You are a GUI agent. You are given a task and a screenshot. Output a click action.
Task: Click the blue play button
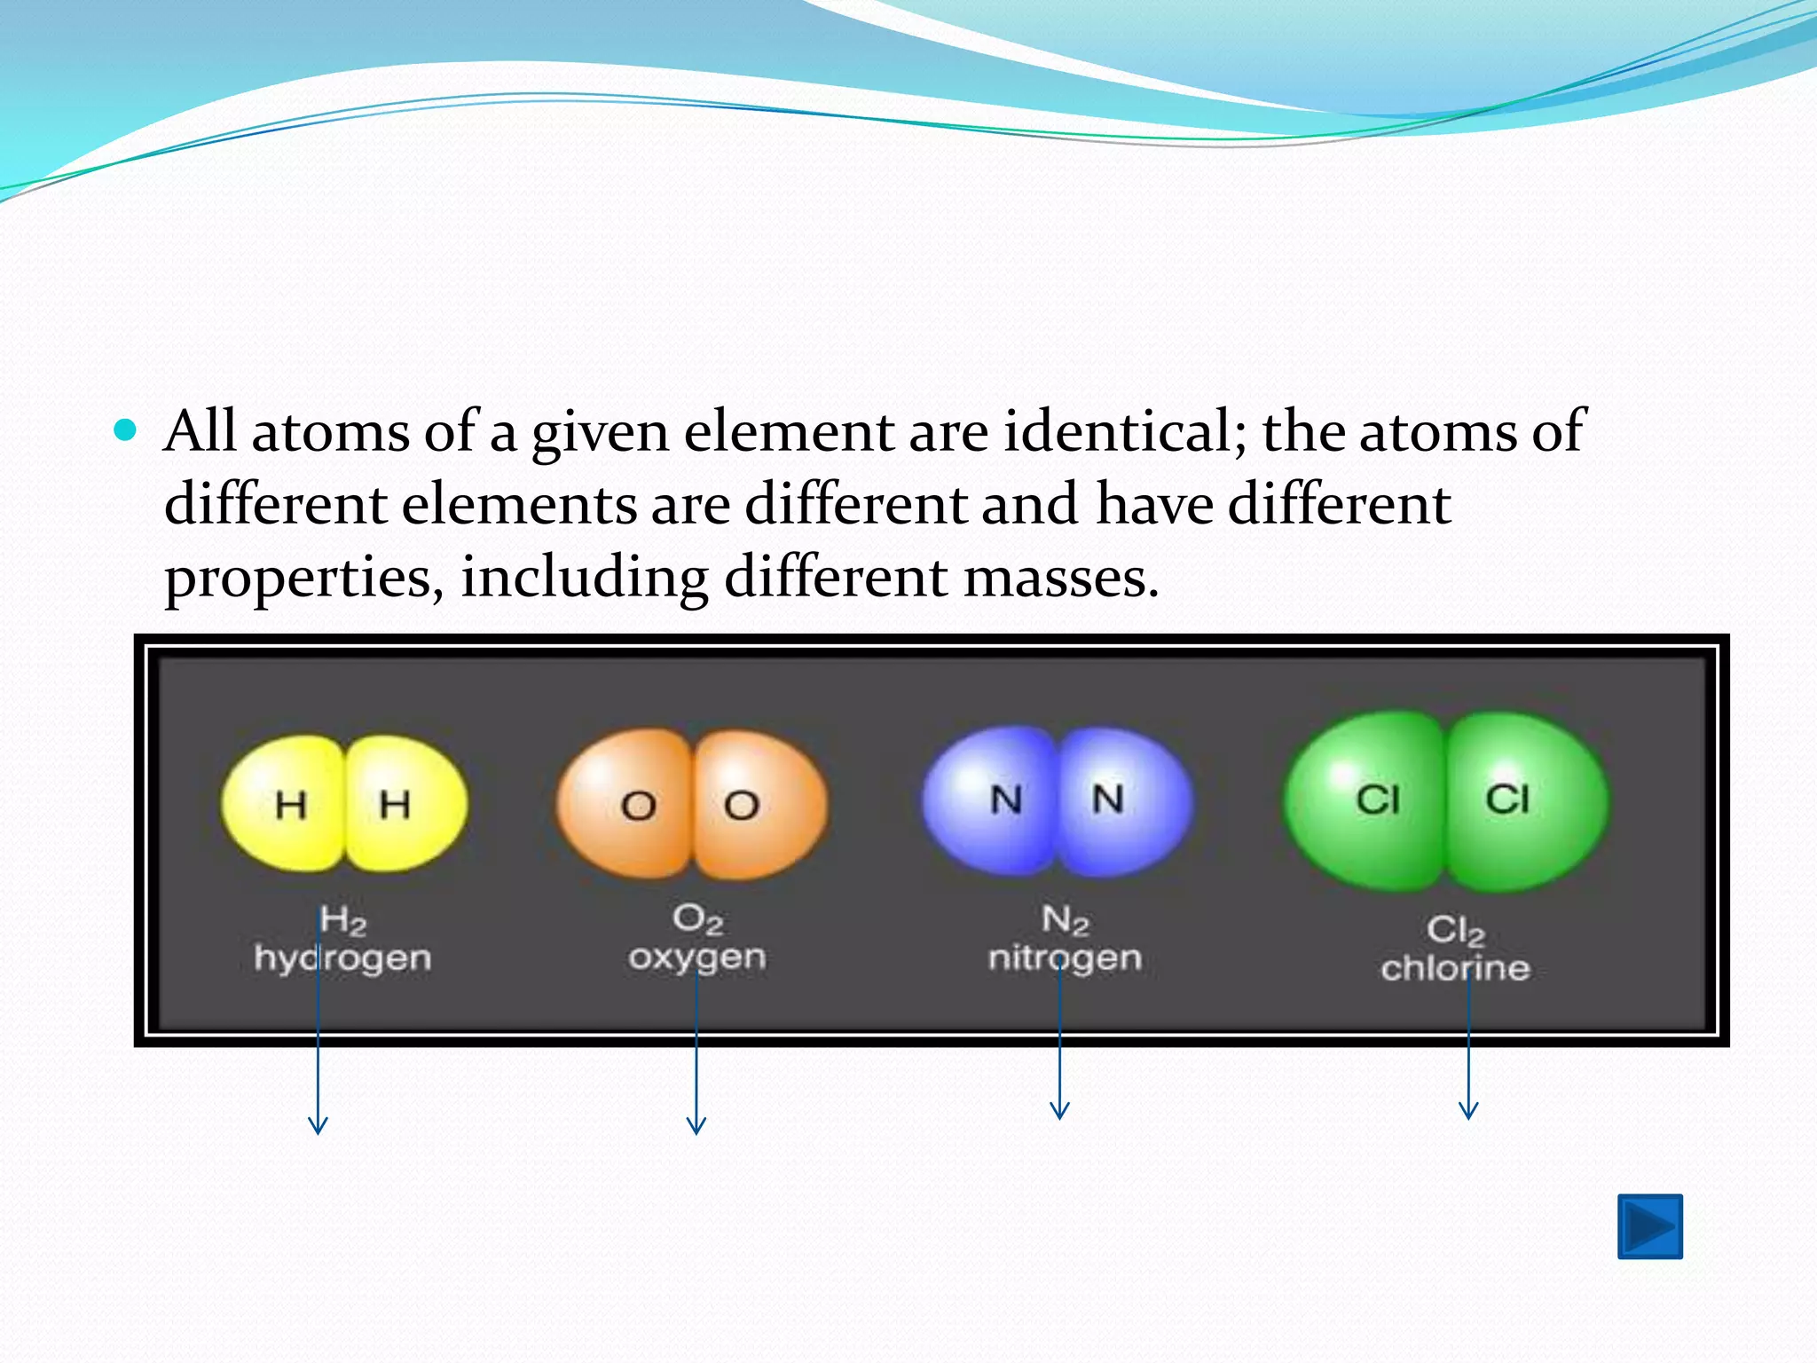coord(1649,1226)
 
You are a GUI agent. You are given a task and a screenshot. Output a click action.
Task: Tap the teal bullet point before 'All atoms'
coord(126,431)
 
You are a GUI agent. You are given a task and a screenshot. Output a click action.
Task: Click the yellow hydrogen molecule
coord(344,803)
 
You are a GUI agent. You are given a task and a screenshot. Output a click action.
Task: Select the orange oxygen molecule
coord(692,804)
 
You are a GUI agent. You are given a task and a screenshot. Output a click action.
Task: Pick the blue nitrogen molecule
coord(1058,800)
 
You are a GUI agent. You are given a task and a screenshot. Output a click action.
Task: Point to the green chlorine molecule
coord(1445,800)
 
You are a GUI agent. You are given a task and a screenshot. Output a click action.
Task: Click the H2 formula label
coord(342,920)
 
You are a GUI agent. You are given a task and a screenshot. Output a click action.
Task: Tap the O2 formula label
coord(697,919)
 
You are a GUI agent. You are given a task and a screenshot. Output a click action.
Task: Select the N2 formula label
coord(1065,920)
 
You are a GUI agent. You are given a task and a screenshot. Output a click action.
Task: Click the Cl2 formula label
coord(1455,931)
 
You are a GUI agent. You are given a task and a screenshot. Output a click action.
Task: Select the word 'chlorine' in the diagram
coord(1455,968)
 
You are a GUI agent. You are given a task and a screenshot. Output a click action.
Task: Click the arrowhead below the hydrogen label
coord(318,1125)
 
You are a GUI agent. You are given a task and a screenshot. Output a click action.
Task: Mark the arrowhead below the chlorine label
coord(1468,1110)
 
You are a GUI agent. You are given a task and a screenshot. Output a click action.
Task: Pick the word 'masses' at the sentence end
coord(1059,578)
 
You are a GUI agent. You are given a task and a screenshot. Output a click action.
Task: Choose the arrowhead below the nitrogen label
coord(1059,1110)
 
